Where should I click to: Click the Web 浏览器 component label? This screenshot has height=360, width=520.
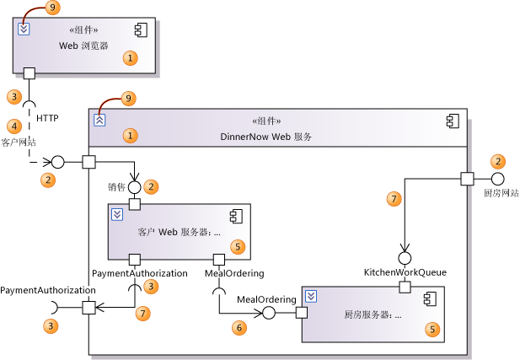83,46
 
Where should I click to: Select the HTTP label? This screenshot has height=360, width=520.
48,119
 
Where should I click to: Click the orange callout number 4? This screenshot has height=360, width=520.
13,126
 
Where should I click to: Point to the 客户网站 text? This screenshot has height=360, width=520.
18,142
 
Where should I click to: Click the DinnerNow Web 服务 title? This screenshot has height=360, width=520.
265,136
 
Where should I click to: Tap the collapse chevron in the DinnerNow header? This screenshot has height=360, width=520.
99,120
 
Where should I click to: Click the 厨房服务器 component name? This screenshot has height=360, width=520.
373,315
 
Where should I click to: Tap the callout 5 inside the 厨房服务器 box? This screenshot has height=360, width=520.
433,329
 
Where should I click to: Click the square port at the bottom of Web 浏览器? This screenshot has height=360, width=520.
29,73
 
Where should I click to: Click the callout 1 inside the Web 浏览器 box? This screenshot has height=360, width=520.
130,58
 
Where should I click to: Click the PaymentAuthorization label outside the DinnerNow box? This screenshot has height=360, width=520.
47,290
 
